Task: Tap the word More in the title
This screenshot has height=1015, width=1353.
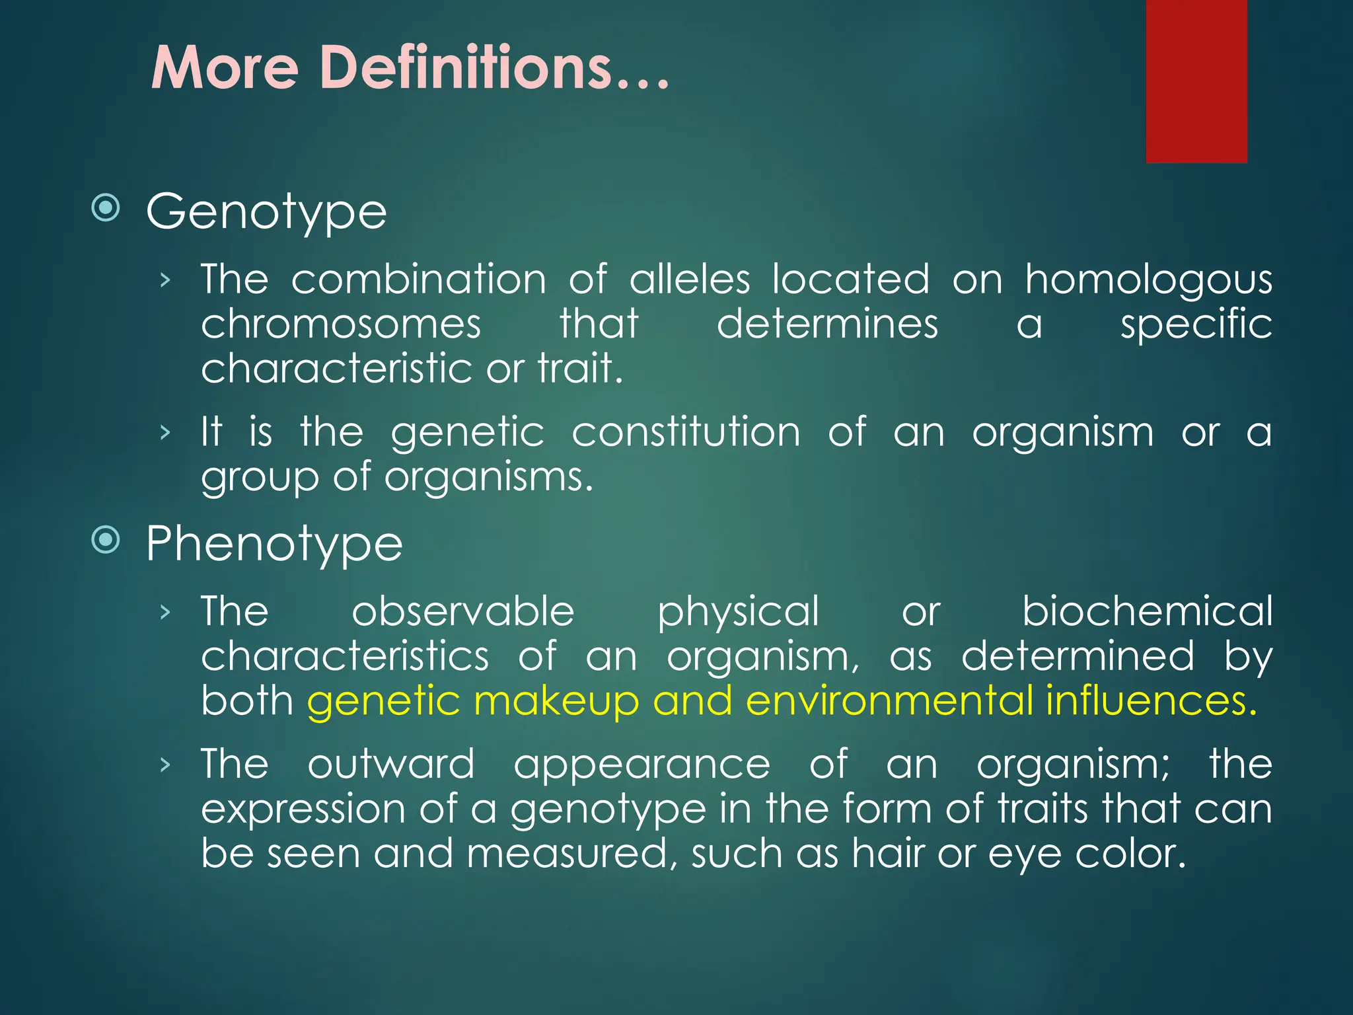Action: pos(225,68)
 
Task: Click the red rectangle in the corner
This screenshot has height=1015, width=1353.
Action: pos(1196,81)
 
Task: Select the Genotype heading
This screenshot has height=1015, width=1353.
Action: pos(266,213)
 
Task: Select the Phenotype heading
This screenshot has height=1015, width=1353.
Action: pos(274,545)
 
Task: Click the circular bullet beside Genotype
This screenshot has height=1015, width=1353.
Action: pos(106,208)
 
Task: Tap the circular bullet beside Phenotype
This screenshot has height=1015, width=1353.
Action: pos(106,541)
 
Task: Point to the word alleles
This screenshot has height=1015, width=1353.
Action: pos(689,279)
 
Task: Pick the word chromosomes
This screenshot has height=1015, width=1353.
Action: pos(341,324)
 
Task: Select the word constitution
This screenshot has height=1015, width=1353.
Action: pos(686,433)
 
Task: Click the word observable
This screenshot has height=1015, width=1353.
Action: pos(462,611)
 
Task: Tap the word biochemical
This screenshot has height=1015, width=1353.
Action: pos(1147,611)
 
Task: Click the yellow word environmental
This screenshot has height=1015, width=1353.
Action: pos(889,700)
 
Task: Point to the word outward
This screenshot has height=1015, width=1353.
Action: pos(391,765)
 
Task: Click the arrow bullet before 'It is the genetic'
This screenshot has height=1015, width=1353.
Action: pos(165,433)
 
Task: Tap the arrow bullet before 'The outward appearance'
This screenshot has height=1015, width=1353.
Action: pos(165,765)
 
